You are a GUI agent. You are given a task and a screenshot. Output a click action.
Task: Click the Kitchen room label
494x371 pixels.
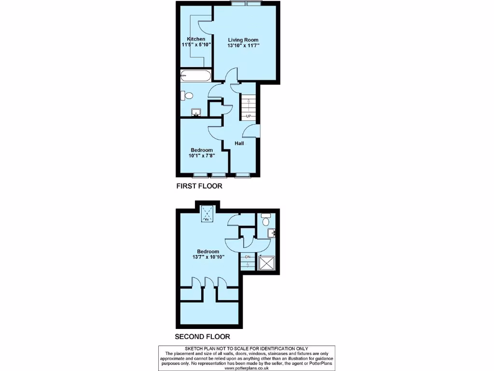[x=196, y=39]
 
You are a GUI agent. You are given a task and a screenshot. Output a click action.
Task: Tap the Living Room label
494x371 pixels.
[x=243, y=40]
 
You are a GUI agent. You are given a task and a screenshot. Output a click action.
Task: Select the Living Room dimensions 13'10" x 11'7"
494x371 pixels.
[x=244, y=46]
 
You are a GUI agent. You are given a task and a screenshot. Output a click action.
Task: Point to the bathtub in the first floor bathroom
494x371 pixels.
[x=195, y=75]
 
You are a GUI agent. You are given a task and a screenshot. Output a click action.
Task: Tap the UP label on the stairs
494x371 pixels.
[x=248, y=116]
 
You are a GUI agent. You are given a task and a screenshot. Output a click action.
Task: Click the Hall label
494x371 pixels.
[x=239, y=143]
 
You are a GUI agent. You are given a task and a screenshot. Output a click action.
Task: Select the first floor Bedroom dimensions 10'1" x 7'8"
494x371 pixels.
[x=202, y=156]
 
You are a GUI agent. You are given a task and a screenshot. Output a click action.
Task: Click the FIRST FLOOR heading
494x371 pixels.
[x=199, y=186]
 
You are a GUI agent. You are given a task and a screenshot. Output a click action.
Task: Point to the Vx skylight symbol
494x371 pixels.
[x=208, y=213]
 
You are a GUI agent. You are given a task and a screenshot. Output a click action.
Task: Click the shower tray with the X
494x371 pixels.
[x=266, y=263]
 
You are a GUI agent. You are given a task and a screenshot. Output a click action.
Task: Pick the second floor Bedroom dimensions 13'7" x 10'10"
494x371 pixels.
[x=208, y=257]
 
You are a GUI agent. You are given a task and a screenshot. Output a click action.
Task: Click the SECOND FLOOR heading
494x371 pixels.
[x=202, y=337]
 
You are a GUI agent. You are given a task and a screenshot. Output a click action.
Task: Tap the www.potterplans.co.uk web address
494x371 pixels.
[x=247, y=368]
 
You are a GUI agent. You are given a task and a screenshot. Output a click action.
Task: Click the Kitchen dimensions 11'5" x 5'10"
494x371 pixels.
[x=196, y=45]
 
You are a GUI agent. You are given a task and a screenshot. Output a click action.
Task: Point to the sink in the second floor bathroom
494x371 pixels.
[x=273, y=234]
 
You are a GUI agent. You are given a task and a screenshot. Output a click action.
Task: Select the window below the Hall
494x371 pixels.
[x=242, y=175]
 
